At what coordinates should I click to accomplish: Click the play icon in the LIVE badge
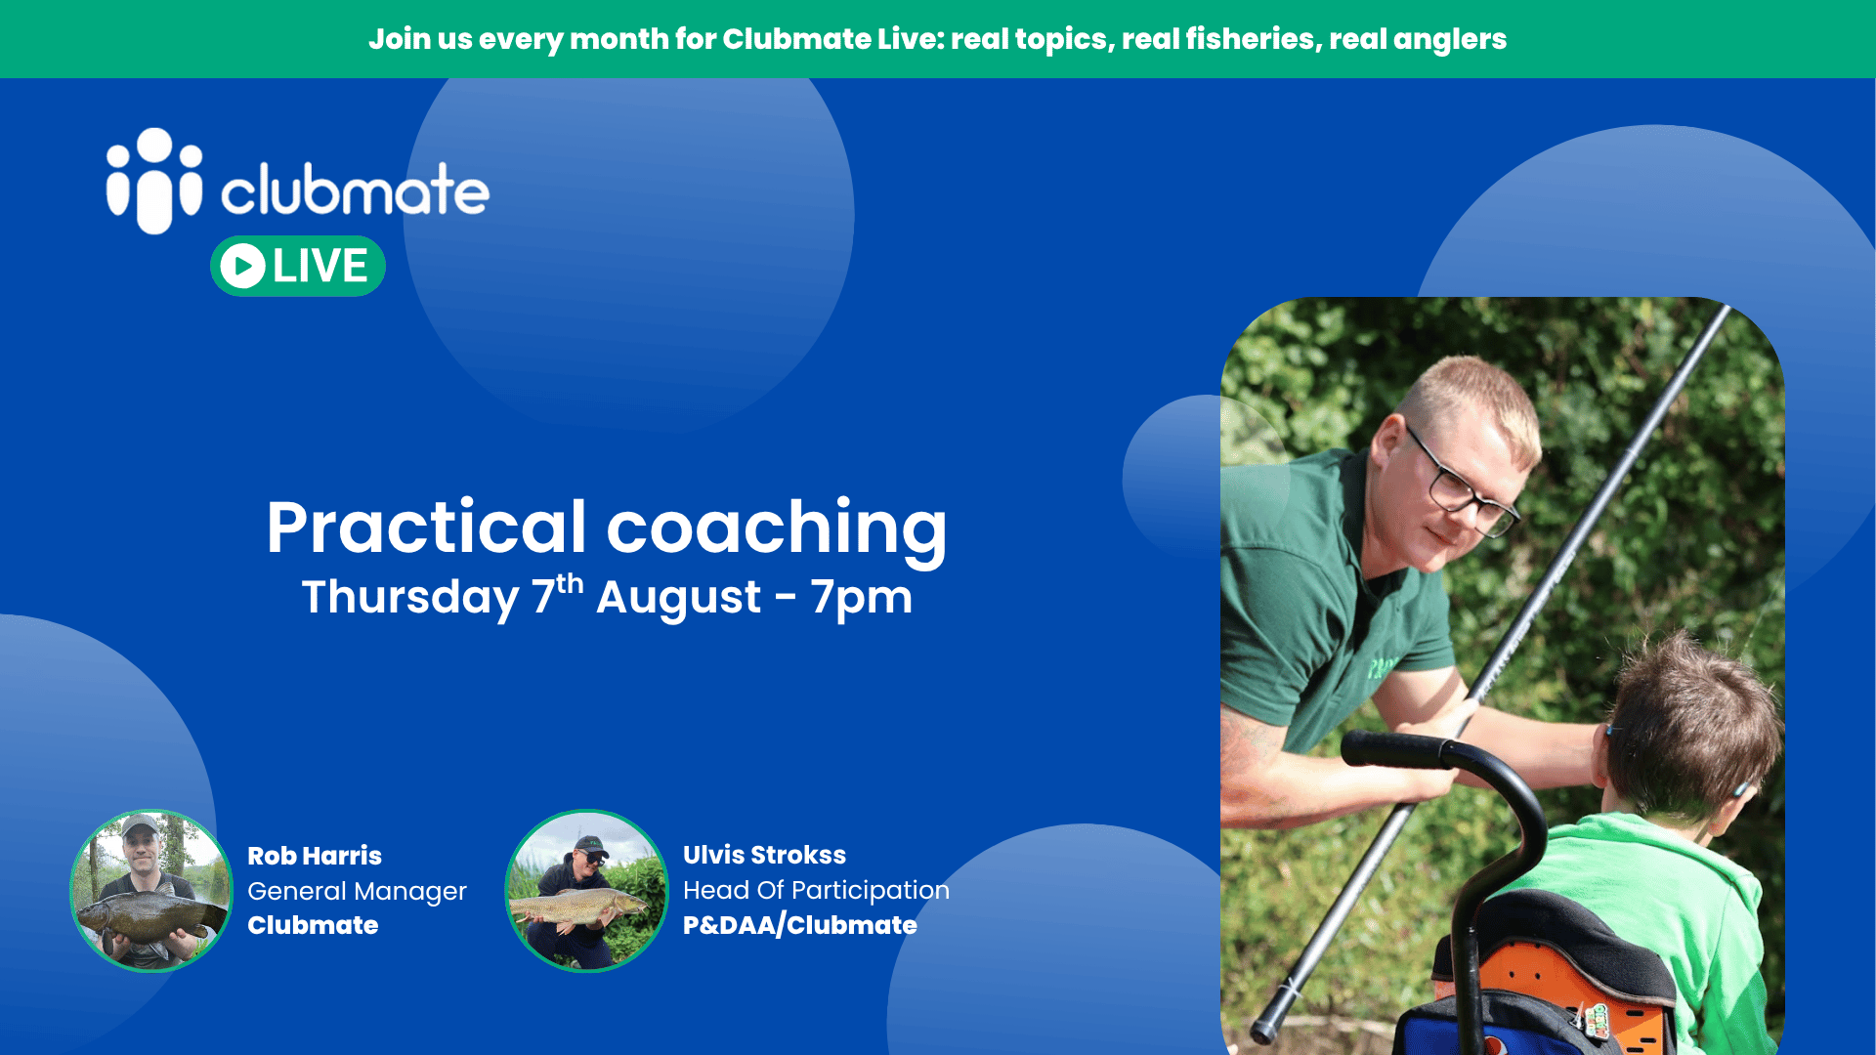coord(242,267)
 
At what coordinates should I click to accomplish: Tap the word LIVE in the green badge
coord(320,267)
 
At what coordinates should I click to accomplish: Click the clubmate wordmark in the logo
coord(355,189)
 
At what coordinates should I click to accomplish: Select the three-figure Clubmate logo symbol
coord(154,181)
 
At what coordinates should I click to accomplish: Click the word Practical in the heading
coord(427,528)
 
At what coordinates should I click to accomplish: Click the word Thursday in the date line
coord(410,598)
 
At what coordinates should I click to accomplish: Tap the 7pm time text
coord(861,598)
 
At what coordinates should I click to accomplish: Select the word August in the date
coord(678,598)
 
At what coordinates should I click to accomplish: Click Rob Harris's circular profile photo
coord(151,890)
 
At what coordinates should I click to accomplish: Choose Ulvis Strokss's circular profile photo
coord(586,890)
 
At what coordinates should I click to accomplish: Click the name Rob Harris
coord(315,856)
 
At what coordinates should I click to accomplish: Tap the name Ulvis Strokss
coord(764,855)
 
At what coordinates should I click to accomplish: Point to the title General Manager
coord(357,892)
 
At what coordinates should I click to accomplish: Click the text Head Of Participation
coord(816,890)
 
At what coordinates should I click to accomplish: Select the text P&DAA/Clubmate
coord(799,925)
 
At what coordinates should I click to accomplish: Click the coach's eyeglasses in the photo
coord(1460,484)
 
